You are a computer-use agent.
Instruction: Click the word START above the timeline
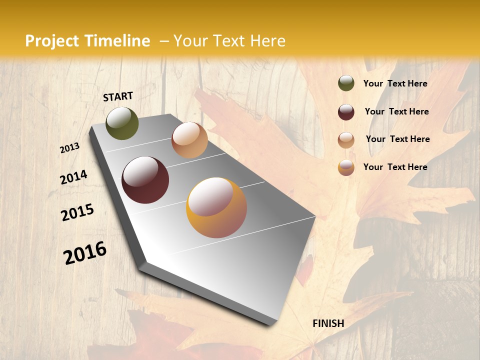point(118,96)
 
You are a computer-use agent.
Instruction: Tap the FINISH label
point(328,323)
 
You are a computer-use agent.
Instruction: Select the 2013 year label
point(70,148)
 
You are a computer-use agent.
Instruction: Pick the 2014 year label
point(73,177)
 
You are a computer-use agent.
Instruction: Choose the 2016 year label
point(85,252)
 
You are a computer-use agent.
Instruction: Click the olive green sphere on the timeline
point(122,123)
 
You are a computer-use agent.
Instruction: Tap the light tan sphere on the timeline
point(189,140)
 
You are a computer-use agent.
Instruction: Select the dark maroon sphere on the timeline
point(145,180)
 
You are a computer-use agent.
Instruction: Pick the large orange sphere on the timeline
point(216,207)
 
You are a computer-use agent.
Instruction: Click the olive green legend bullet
point(346,83)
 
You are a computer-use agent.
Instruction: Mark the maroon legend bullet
point(346,111)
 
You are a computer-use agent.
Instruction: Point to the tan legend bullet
point(346,139)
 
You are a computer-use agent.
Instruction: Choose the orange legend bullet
point(346,167)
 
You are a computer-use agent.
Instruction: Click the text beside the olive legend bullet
point(395,83)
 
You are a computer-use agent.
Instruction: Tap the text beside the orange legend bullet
point(395,167)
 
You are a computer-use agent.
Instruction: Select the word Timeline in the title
point(117,41)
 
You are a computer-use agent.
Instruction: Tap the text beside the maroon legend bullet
point(396,111)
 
